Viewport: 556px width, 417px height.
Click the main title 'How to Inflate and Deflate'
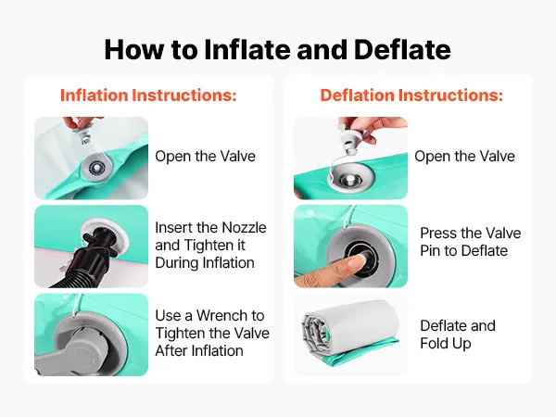click(278, 49)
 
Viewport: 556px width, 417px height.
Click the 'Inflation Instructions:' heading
click(148, 95)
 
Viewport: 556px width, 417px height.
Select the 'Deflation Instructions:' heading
click(411, 95)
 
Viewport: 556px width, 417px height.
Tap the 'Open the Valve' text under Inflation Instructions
click(206, 156)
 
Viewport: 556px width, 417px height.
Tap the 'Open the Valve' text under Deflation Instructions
click(464, 156)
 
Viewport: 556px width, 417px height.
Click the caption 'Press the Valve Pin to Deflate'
click(471, 242)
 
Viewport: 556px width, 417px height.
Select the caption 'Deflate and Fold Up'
click(458, 335)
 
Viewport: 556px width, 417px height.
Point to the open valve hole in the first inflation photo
click(95, 167)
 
